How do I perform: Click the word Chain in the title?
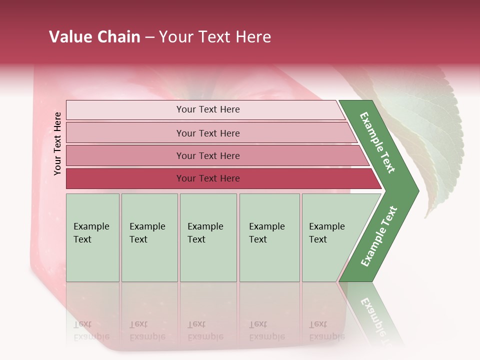[x=118, y=37]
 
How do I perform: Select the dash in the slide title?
[x=149, y=37]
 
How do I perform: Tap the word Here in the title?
[x=253, y=37]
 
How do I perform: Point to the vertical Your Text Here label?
[x=57, y=143]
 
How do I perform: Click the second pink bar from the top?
[x=207, y=133]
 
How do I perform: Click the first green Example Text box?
[x=92, y=237]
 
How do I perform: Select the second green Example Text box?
[x=149, y=237]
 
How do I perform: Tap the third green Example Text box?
[x=208, y=237]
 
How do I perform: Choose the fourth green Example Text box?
[x=269, y=237]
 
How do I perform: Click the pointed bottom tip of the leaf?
[x=426, y=217]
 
